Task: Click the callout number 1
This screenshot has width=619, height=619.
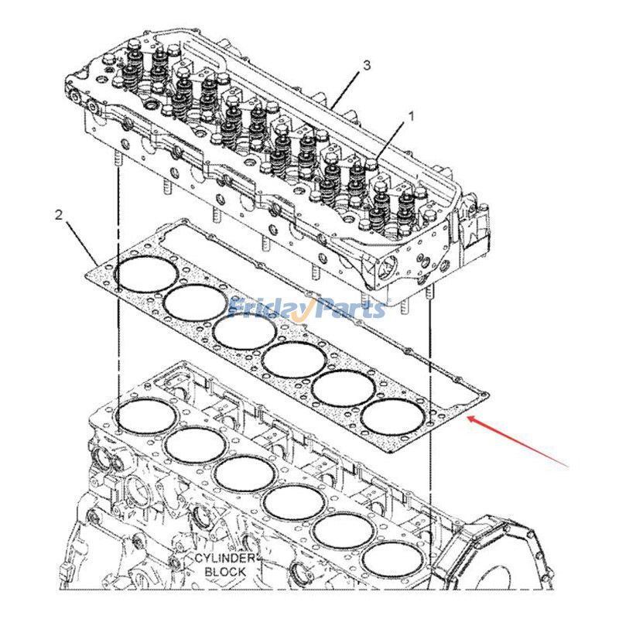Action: click(411, 116)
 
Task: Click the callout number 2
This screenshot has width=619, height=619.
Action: click(58, 214)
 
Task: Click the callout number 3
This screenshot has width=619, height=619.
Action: click(366, 66)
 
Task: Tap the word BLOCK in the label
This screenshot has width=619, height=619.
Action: click(224, 572)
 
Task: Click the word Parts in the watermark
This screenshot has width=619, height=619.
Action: click(348, 309)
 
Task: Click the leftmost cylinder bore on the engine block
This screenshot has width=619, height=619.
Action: click(145, 416)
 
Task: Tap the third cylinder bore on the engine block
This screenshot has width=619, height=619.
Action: click(244, 473)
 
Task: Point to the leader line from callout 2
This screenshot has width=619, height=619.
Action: click(81, 241)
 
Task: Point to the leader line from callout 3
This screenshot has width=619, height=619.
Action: click(348, 84)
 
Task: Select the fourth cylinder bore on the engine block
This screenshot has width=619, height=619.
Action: click(293, 501)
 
